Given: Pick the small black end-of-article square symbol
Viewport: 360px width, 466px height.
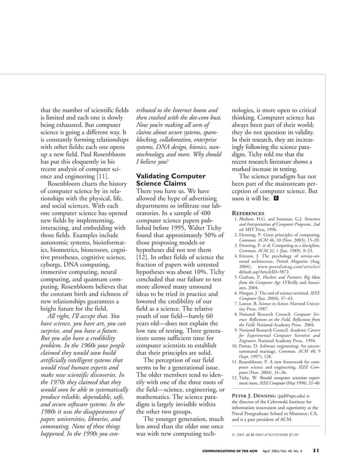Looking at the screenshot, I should click(x=276, y=198).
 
